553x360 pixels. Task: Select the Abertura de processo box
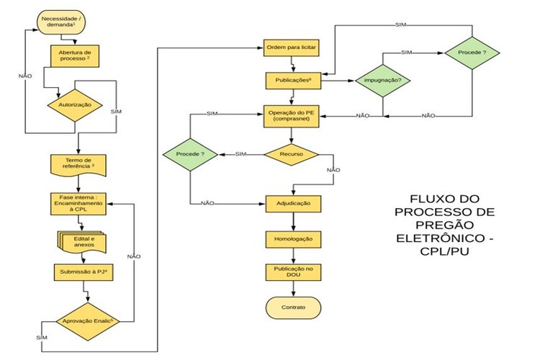75,56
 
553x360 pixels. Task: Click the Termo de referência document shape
78,163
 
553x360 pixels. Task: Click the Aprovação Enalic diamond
87,318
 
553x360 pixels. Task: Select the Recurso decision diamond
292,153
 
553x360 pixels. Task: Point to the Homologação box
292,238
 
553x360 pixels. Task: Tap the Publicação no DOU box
292,271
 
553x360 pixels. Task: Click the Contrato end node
292,307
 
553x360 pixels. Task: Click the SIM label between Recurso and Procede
240,154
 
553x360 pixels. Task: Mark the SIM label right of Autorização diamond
117,113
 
